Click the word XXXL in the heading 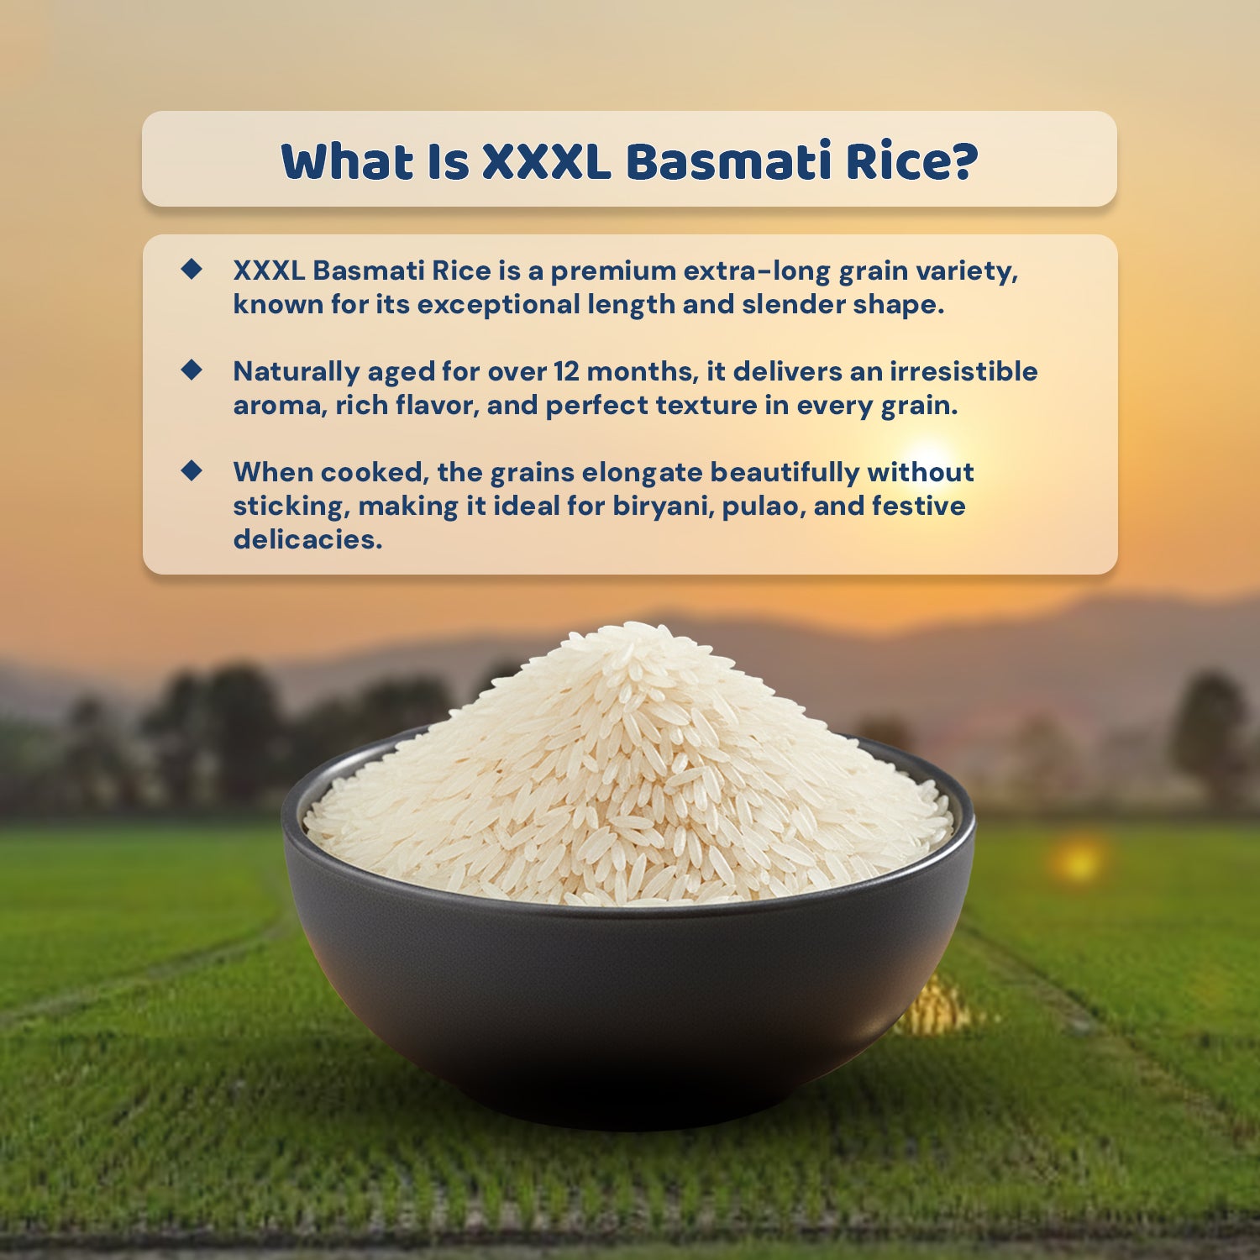[x=547, y=161]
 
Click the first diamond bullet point [x=192, y=269]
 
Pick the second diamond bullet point [x=192, y=370]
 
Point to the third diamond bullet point [x=192, y=470]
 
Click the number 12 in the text [x=568, y=371]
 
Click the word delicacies [x=307, y=539]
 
